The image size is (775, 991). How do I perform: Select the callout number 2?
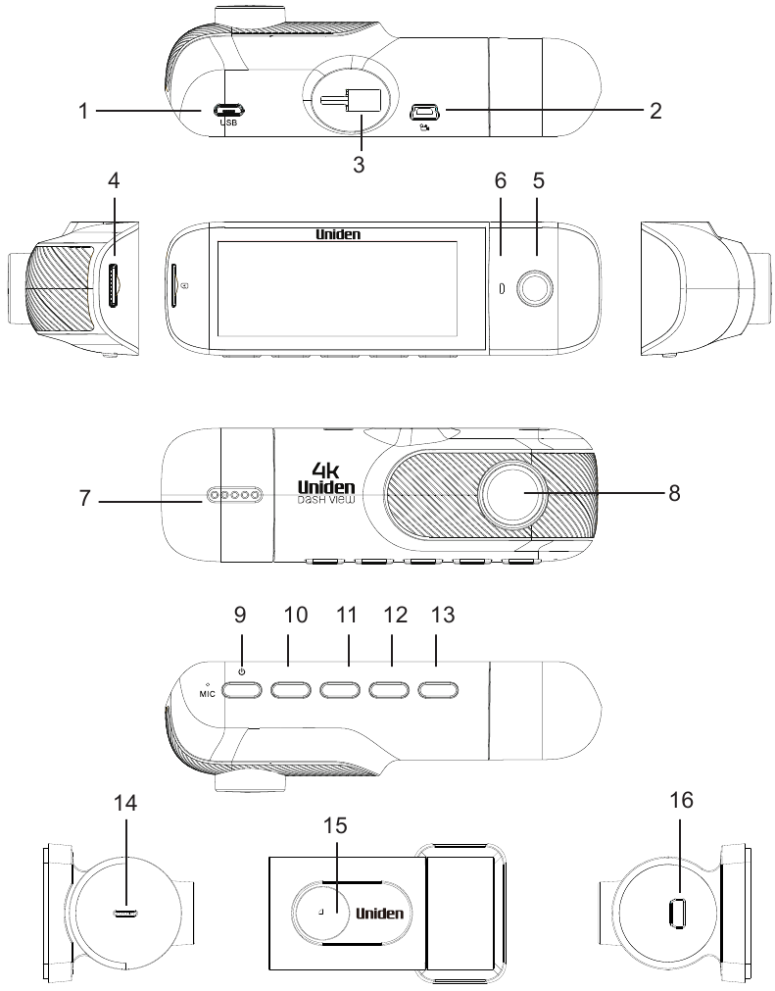point(654,110)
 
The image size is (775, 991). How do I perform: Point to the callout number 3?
point(359,165)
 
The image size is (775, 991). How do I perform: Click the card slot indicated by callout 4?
point(115,287)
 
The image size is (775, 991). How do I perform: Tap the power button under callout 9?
point(240,689)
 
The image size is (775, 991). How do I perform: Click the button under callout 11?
point(340,689)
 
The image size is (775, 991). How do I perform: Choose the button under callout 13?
point(436,689)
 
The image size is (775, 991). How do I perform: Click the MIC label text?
point(206,692)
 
